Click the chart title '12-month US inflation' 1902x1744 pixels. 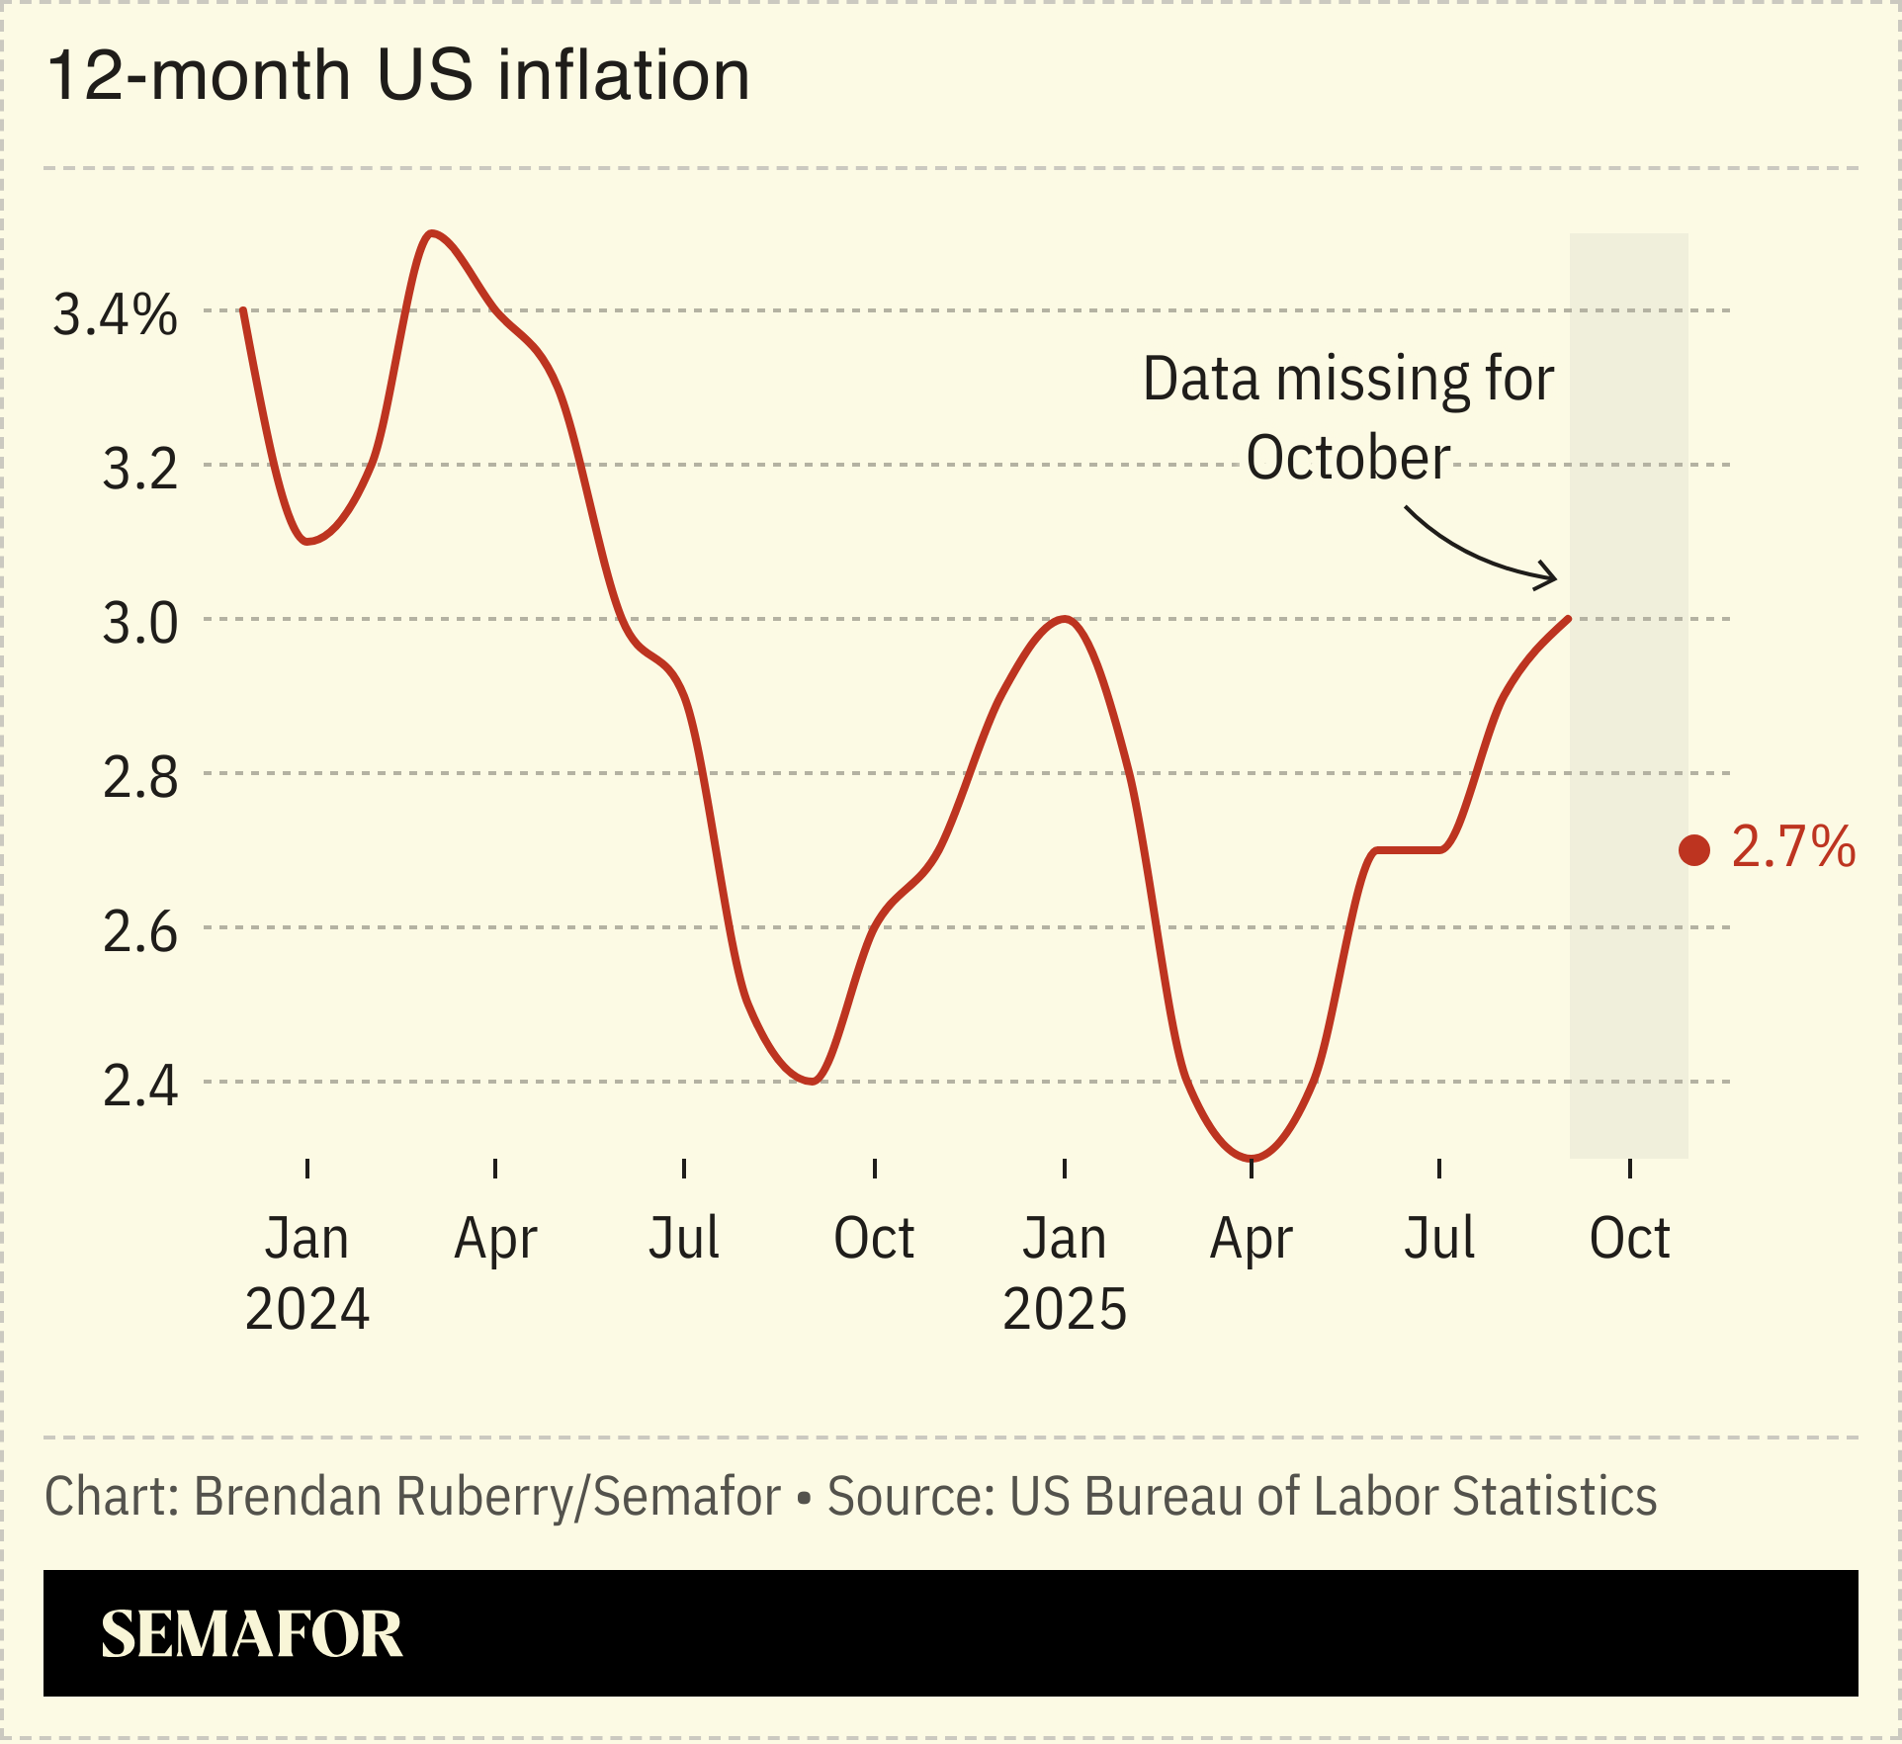point(397,76)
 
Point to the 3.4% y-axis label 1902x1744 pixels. point(115,315)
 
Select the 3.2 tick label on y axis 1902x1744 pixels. point(140,469)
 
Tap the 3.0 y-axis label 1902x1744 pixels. point(140,624)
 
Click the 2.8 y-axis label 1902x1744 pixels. point(140,778)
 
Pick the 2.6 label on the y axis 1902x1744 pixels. point(140,932)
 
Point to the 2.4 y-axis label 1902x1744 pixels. point(140,1087)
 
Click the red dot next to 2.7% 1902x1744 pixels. point(1694,850)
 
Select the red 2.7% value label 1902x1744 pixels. point(1793,847)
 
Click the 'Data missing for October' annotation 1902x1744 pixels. point(1348,418)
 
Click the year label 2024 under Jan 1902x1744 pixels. point(306,1309)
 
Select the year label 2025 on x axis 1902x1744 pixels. point(1065,1309)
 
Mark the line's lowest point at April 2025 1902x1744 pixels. point(1252,1157)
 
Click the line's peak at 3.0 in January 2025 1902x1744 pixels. point(1064,620)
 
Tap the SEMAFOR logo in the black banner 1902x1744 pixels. point(252,1634)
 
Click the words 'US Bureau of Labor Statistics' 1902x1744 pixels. point(1333,1496)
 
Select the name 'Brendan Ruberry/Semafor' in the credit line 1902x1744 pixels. point(486,1496)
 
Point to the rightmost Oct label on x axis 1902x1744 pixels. point(1629,1238)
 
